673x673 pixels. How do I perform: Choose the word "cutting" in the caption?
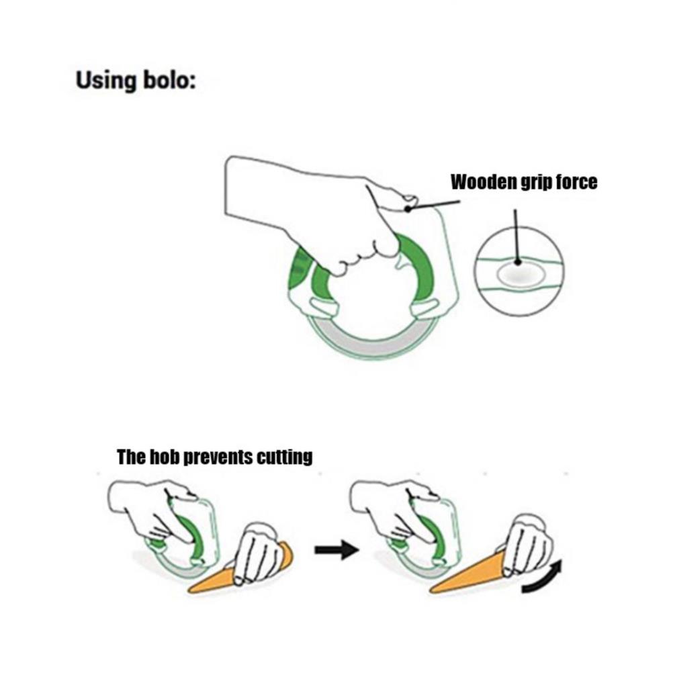coord(284,457)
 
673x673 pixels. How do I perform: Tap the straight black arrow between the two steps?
coord(337,550)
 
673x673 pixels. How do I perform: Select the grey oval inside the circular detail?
coord(519,275)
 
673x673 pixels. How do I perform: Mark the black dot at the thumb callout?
coord(408,209)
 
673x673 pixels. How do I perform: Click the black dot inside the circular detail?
coord(518,261)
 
